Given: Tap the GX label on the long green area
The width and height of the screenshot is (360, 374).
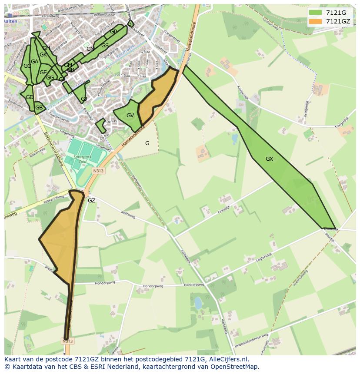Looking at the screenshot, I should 269,159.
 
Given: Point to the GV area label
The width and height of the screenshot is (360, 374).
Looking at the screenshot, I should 130,116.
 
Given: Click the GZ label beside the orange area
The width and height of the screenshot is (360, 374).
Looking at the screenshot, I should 91,201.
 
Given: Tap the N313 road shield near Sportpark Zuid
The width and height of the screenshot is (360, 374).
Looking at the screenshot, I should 98,171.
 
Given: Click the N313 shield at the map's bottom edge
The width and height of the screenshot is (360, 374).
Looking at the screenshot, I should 67,341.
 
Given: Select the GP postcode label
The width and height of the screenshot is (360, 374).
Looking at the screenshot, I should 113,32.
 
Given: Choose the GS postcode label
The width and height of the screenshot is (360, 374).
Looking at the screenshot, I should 105,46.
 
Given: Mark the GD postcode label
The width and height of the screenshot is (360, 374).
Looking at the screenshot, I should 29,97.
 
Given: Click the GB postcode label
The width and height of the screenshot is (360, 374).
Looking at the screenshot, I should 39,108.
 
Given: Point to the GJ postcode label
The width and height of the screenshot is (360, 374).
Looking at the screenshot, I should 84,99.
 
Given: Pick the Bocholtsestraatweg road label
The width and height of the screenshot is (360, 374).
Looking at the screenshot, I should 54,148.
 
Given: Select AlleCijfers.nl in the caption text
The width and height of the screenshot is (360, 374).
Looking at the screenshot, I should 227,359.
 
